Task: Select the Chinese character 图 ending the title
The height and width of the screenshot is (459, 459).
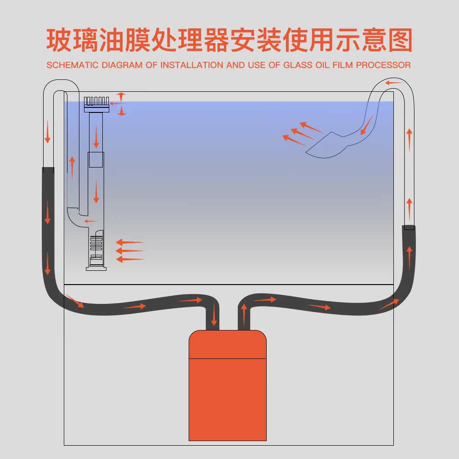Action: click(397, 41)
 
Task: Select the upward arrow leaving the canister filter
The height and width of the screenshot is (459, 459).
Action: click(244, 314)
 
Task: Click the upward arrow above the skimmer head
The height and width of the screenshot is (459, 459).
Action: click(121, 96)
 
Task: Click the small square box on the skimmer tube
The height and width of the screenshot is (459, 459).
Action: click(96, 159)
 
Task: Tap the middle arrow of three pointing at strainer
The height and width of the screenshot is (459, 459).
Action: click(130, 251)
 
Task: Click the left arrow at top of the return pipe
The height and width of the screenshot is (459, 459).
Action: click(393, 83)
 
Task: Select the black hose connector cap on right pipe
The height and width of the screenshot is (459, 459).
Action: click(409, 227)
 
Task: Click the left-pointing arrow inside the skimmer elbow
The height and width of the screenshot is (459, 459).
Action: click(91, 221)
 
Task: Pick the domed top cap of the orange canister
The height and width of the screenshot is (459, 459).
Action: click(228, 343)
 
